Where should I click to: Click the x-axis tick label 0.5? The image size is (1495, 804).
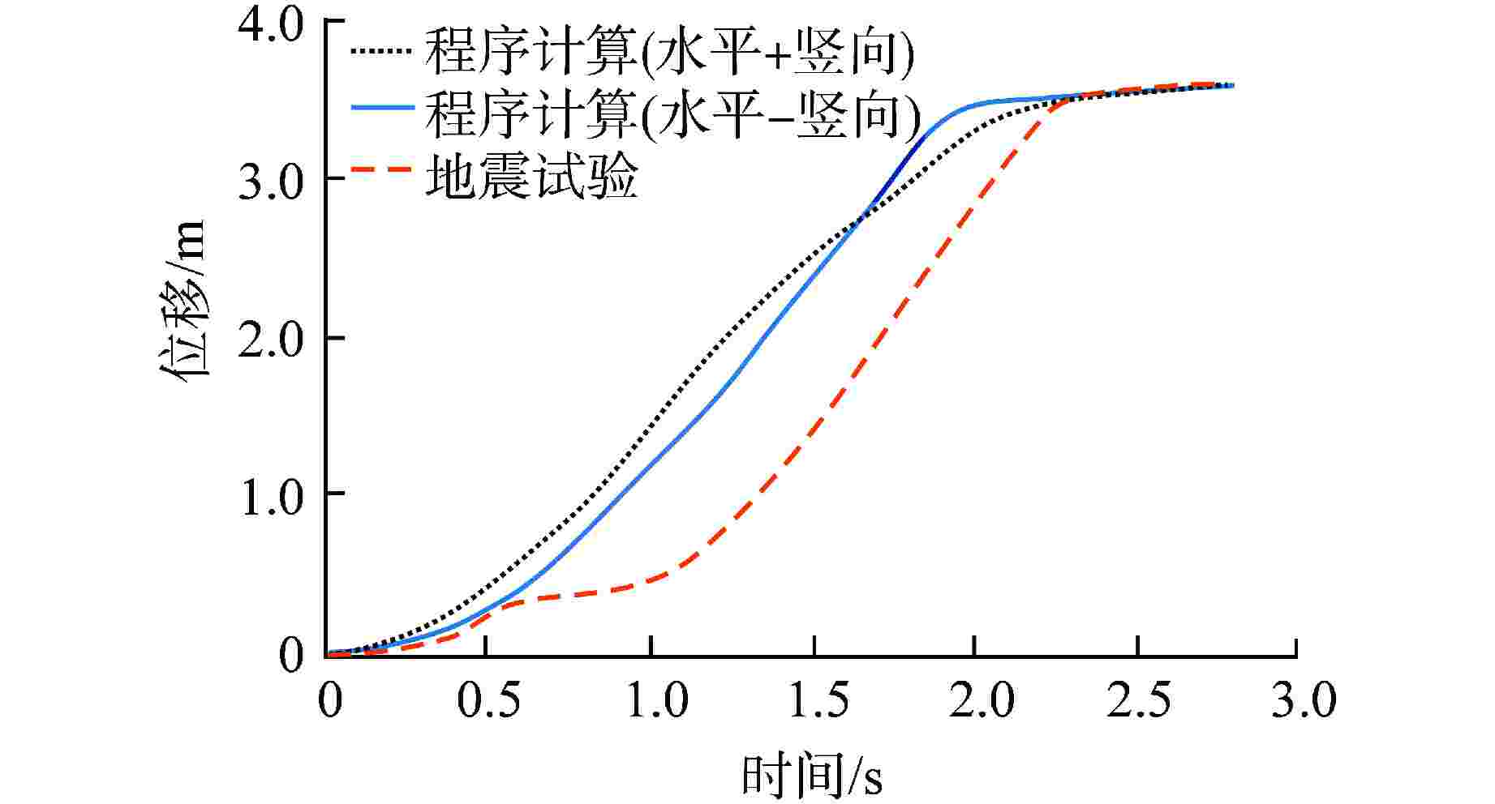(488, 701)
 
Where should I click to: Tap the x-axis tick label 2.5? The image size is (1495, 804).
(1139, 701)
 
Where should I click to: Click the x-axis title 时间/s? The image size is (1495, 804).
(812, 776)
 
